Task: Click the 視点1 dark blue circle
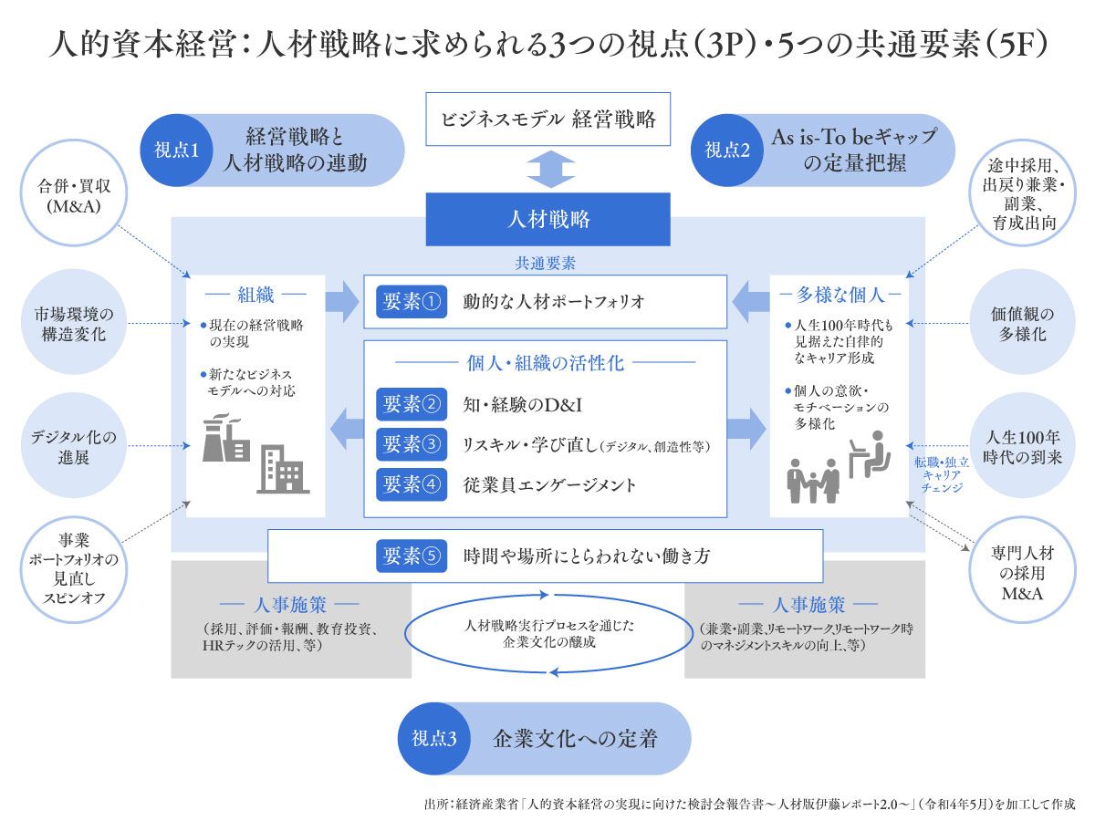coord(177,151)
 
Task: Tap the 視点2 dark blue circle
coord(727,151)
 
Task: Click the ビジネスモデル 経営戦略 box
coord(547,119)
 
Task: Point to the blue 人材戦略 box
coord(547,220)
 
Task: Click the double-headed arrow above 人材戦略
coord(547,169)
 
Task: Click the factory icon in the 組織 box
coord(225,439)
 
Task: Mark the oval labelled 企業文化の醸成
coord(547,634)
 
